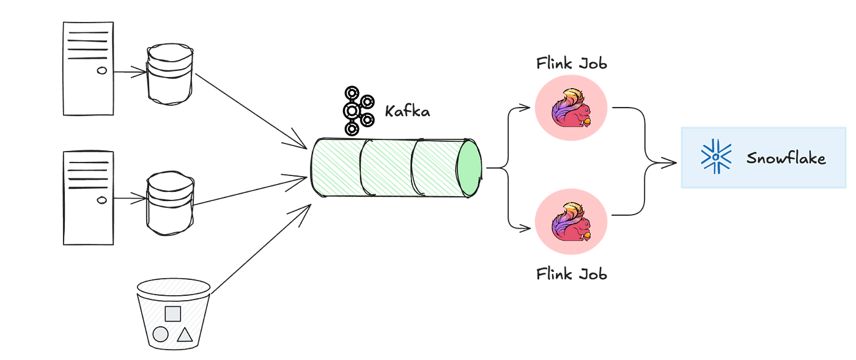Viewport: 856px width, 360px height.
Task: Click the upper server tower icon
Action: [88, 68]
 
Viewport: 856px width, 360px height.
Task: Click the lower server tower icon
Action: [88, 197]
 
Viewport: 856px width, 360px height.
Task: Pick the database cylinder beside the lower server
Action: [170, 204]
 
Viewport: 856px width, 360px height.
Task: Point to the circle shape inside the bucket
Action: [160, 334]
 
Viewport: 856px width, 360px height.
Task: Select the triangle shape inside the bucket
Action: [185, 334]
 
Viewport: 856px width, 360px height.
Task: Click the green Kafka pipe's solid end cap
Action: [470, 168]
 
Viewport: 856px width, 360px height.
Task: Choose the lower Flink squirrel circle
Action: [571, 225]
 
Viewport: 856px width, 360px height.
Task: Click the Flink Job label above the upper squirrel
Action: [572, 63]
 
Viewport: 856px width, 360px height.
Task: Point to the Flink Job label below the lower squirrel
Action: [572, 273]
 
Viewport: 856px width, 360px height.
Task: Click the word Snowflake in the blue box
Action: [786, 159]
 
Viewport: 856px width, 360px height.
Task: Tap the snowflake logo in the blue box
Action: [714, 157]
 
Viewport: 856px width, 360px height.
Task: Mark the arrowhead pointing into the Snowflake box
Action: [671, 163]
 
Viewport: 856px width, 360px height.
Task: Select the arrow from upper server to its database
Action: [130, 72]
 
